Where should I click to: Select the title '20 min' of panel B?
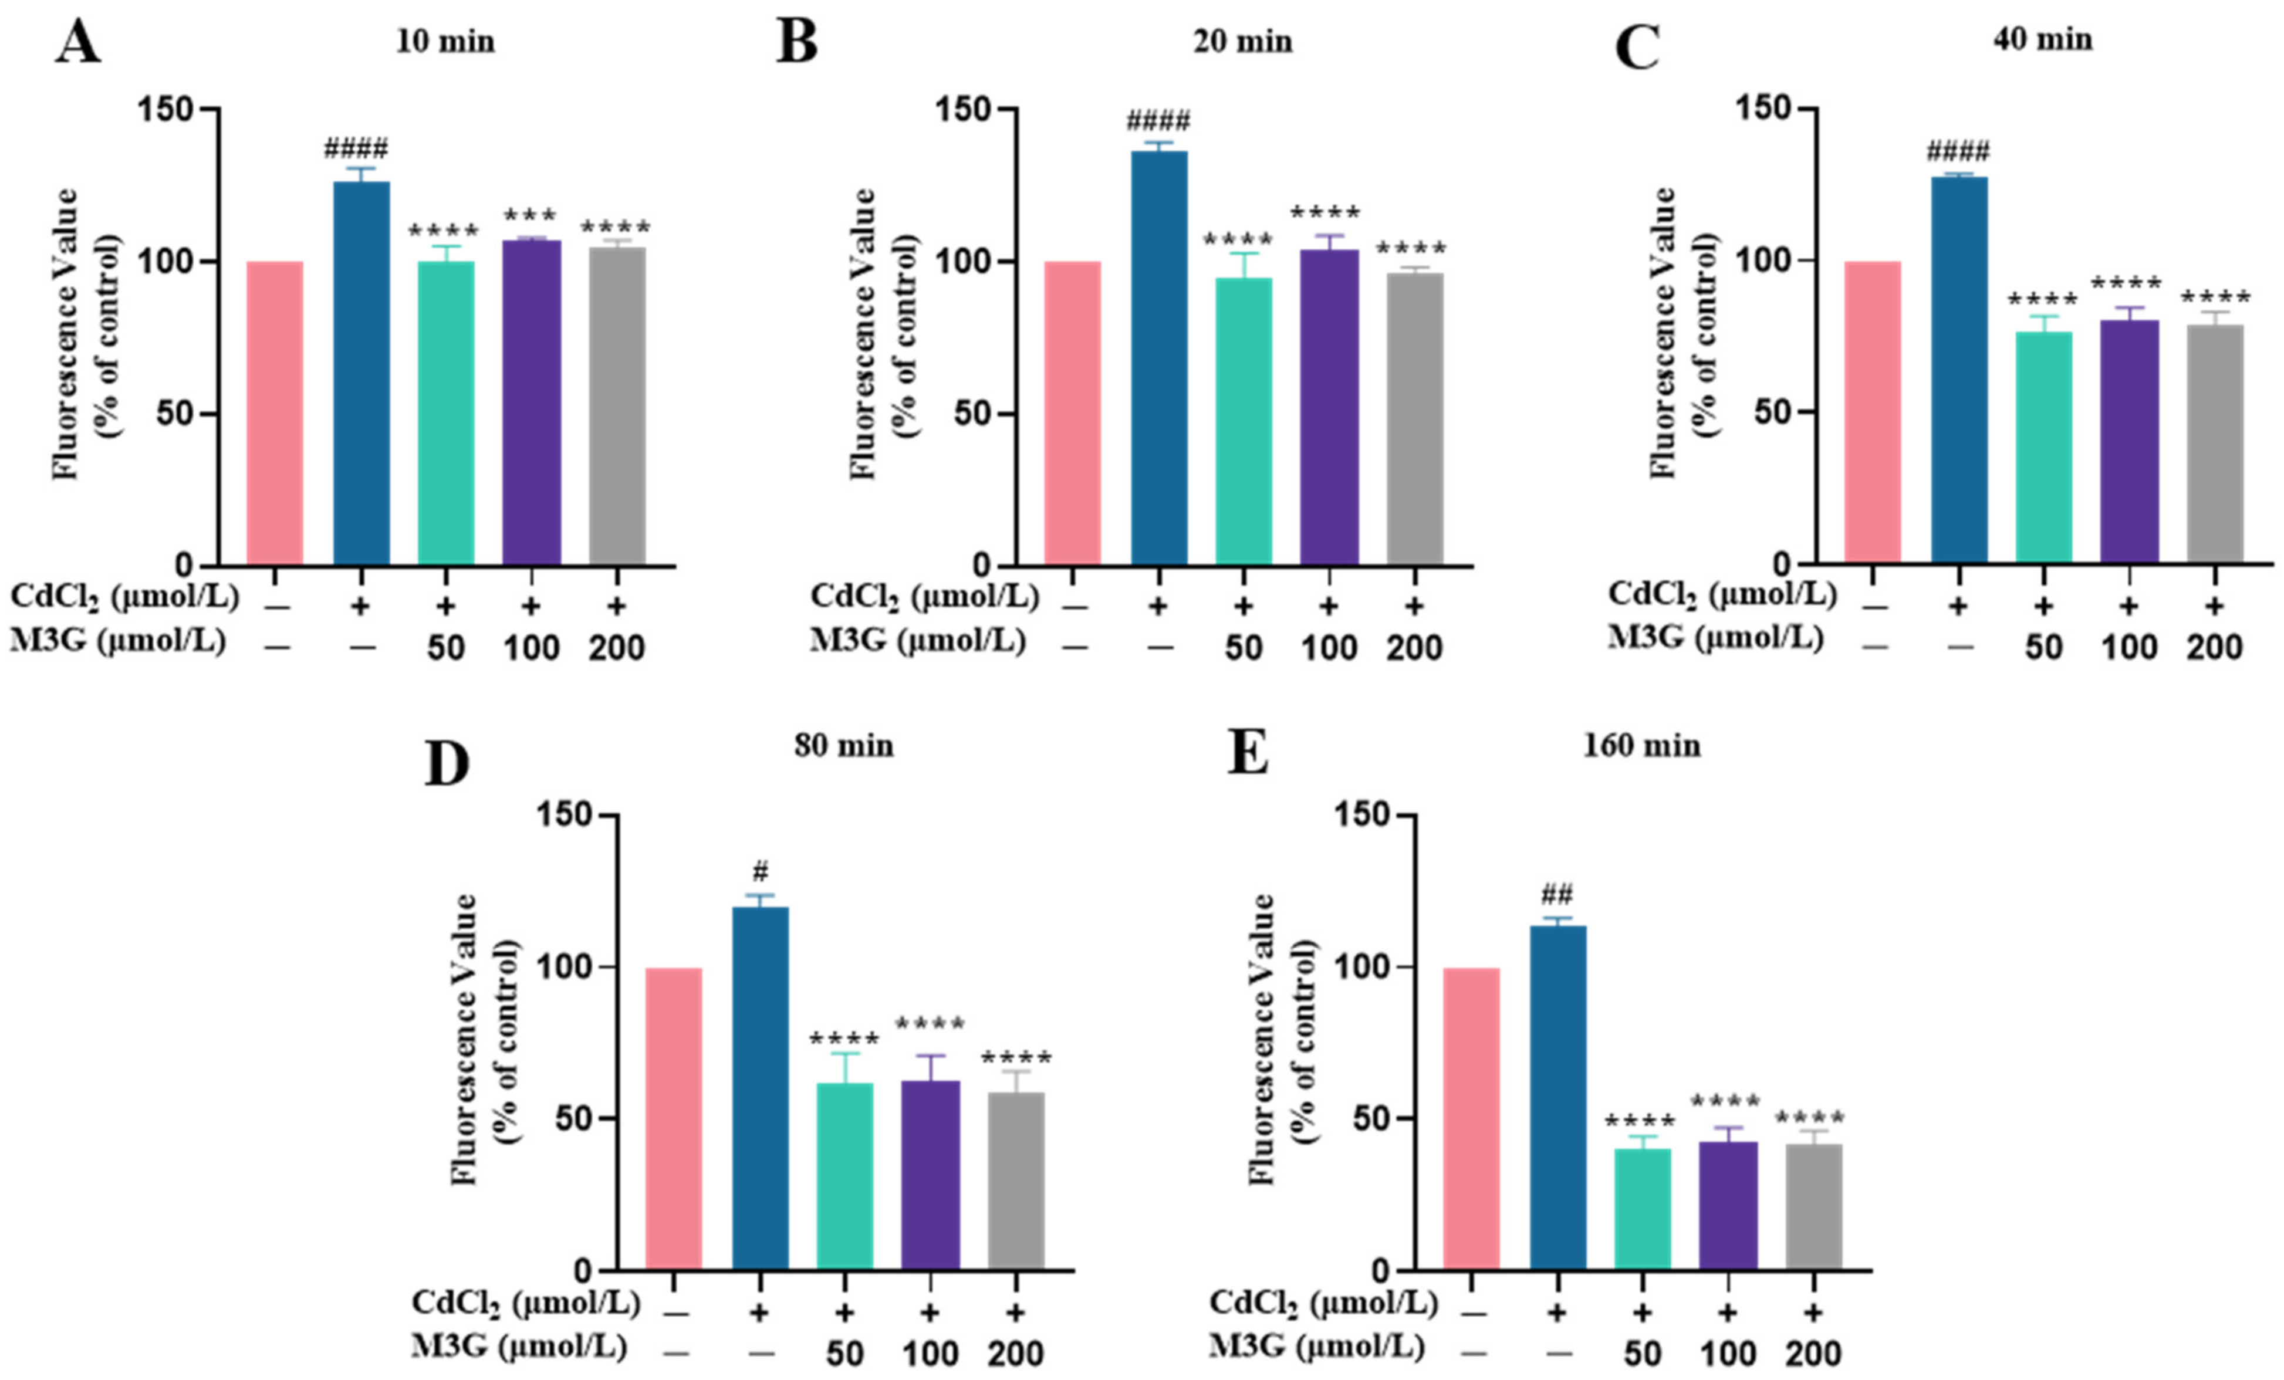[x=1242, y=42]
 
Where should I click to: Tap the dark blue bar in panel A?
[x=361, y=371]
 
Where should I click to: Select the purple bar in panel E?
[x=1728, y=1205]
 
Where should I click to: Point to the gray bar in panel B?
[x=1414, y=417]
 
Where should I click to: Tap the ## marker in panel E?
[x=1558, y=894]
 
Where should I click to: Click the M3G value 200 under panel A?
[x=616, y=648]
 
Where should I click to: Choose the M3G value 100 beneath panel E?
[x=1728, y=1354]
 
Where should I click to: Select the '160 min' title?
[x=1641, y=746]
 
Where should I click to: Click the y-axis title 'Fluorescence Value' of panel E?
[x=1262, y=1038]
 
